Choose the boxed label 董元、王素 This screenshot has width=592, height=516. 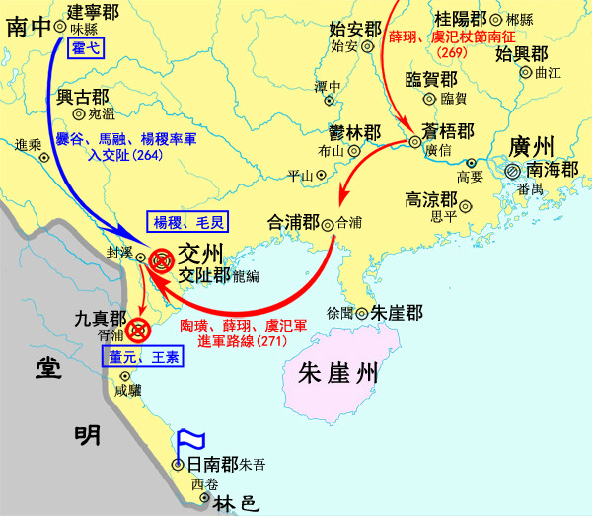(141, 358)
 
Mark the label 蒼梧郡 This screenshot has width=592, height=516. (445, 131)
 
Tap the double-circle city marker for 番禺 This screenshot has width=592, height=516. (512, 172)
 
